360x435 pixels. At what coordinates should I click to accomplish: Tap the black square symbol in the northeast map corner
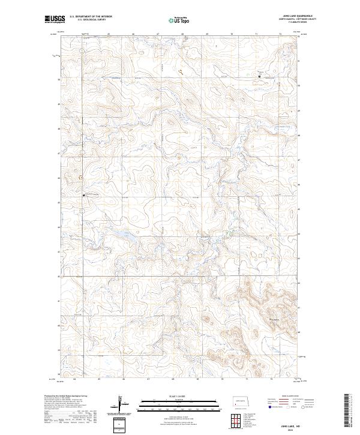[x=259, y=77]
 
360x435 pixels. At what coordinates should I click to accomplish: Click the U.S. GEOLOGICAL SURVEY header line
[x=87, y=20]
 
